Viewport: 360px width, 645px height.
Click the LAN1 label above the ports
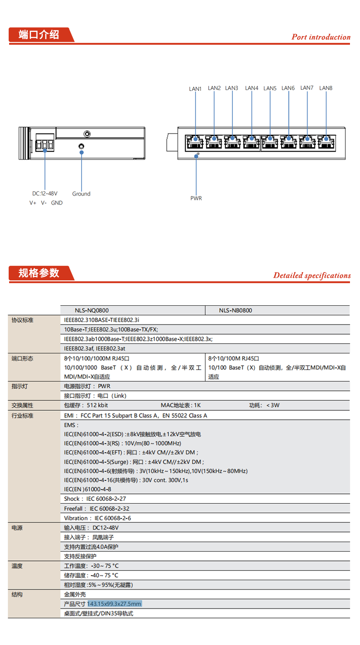coord(195,89)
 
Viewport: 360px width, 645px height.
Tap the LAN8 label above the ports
coord(326,88)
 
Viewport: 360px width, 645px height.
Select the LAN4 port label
coord(252,88)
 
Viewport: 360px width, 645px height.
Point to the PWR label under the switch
coord(196,198)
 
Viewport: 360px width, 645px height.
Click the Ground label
coord(81,194)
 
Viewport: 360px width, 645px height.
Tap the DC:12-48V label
coord(45,194)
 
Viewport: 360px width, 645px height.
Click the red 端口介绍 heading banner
coord(40,35)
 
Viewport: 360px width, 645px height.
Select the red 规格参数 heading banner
coord(40,273)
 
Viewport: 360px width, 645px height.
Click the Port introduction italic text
coord(321,37)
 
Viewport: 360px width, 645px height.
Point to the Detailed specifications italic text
coord(312,275)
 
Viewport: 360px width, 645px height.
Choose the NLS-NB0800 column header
coord(235,310)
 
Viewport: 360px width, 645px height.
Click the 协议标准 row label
coord(23,320)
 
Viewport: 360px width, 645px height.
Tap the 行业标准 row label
coord(23,416)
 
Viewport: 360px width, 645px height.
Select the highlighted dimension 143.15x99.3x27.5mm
coord(114,604)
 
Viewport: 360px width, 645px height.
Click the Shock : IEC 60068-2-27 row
coord(95,499)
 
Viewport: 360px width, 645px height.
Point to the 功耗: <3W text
coord(264,405)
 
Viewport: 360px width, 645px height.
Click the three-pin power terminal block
coord(45,145)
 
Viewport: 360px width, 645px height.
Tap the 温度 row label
coord(17,566)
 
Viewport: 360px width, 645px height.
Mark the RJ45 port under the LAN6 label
coord(288,142)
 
